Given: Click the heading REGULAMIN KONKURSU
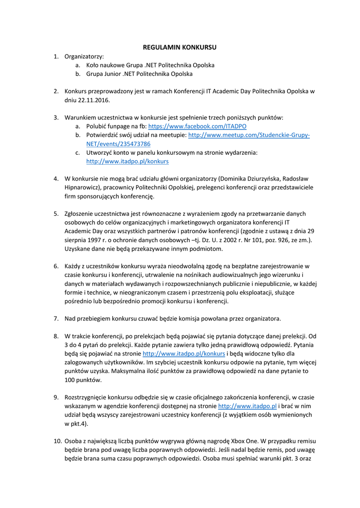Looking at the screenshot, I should (180, 48).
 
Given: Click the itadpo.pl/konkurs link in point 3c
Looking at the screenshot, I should (127, 161).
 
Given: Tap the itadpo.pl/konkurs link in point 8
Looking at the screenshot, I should (184, 354).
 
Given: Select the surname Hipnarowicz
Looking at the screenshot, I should (85, 188).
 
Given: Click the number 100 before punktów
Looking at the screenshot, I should (70, 380).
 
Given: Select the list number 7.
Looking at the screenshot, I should (56, 318).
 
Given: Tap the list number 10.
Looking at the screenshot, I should (57, 441).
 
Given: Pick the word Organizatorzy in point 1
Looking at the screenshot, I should (84, 57).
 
